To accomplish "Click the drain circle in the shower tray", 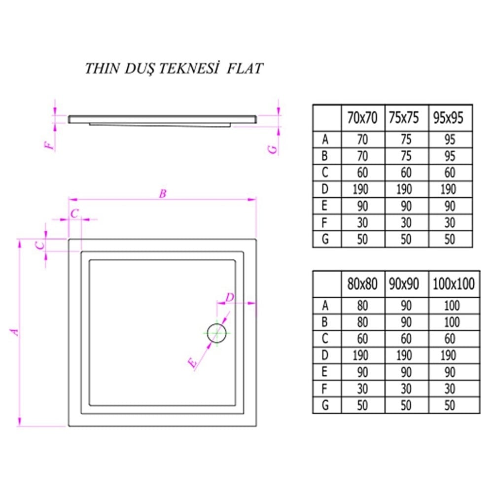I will pos(216,333).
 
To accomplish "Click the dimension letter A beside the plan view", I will pos(16,332).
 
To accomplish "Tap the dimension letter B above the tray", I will pos(162,194).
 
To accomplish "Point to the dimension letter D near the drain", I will pos(230,297).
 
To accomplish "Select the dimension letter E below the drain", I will pos(194,364).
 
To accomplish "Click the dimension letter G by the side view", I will pos(274,147).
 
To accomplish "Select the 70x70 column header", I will pos(362,118).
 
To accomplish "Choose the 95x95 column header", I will pos(448,118).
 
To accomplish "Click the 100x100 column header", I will pos(453,284).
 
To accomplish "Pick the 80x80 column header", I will pos(362,284).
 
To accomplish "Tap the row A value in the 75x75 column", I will pos(406,140).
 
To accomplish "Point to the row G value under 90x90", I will pos(406,405).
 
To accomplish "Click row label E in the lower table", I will pos(325,372).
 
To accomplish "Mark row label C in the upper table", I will pos(325,173).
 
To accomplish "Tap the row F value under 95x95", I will pos(450,222).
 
